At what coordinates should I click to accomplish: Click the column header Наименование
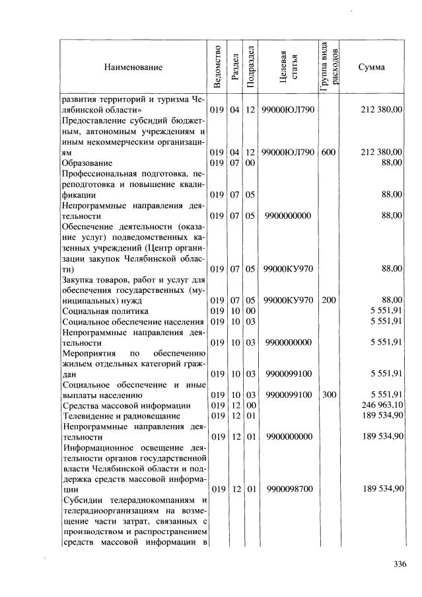(132, 67)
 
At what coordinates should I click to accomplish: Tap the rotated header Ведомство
(217, 67)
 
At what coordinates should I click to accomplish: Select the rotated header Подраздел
(250, 67)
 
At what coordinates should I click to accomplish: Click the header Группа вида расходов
(329, 67)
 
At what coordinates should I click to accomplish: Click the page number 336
(399, 564)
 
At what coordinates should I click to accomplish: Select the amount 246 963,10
(382, 405)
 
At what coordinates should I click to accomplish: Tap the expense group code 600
(328, 152)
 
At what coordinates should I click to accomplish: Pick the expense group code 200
(328, 300)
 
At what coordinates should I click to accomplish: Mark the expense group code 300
(328, 395)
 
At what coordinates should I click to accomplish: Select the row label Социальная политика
(105, 311)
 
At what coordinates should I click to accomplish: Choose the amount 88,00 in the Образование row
(392, 163)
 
